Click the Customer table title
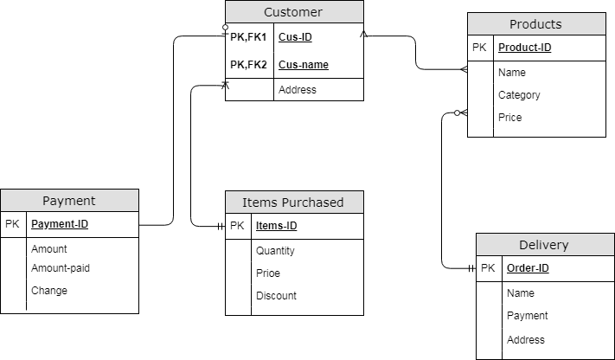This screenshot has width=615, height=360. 293,12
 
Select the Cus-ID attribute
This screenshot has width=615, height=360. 295,37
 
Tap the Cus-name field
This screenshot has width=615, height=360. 303,64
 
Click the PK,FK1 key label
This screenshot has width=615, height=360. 248,37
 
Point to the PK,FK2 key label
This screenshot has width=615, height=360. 248,64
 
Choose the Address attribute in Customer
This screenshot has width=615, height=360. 298,89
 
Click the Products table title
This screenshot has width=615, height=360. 535,24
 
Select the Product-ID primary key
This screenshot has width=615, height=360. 525,48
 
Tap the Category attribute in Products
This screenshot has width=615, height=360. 519,95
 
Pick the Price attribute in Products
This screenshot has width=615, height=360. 510,118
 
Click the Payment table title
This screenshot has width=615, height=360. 68,201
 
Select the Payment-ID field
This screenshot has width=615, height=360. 60,224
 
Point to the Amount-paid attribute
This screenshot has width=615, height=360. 61,268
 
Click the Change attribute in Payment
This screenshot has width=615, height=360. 49,291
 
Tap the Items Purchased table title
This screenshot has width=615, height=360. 293,202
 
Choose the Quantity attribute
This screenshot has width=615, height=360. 275,251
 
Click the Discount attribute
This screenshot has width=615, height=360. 276,296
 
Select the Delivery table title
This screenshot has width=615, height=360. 544,245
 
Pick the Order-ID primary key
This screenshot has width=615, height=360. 528,268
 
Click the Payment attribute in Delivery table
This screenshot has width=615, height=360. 528,316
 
